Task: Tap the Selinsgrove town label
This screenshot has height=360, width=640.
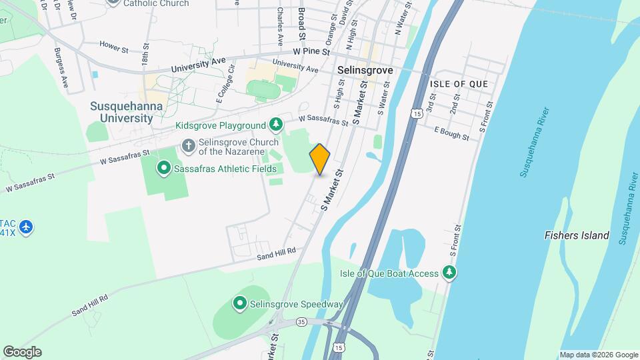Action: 365,69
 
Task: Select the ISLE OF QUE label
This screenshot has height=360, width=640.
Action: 459,84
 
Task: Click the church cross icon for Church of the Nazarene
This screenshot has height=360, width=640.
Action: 188,145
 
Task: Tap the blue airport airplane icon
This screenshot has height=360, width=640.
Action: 27,227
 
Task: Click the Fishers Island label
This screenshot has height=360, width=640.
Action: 577,235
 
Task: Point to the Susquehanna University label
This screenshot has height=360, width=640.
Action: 122,112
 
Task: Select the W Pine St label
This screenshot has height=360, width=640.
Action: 311,51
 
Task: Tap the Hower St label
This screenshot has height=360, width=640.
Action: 113,48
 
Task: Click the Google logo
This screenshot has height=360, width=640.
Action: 22,352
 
